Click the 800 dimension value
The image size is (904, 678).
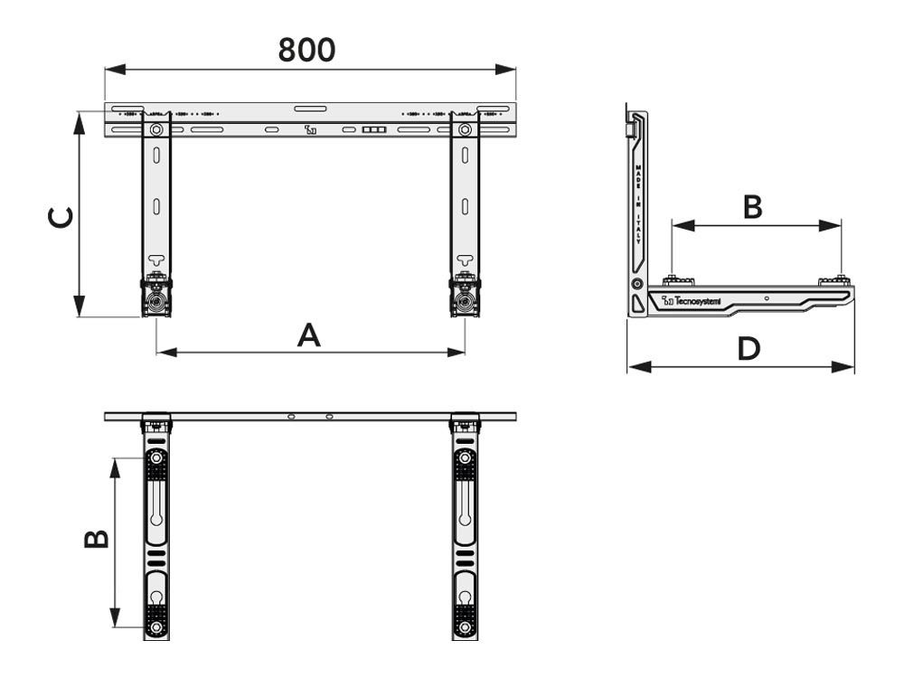pyautogui.click(x=306, y=50)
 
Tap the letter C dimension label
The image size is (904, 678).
pyautogui.click(x=61, y=217)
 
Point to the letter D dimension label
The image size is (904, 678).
pyautogui.click(x=748, y=348)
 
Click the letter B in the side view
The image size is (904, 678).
pyautogui.click(x=752, y=207)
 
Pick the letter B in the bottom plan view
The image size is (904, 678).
pyautogui.click(x=97, y=539)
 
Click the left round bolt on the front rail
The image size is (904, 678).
pyautogui.click(x=157, y=130)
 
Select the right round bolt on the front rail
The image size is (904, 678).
pyautogui.click(x=465, y=130)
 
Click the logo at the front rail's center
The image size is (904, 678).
pyautogui.click(x=311, y=130)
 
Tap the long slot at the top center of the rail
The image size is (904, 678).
pyautogui.click(x=311, y=109)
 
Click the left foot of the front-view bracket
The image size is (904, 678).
pyautogui.click(x=156, y=299)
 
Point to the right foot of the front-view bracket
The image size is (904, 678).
pyautogui.click(x=465, y=299)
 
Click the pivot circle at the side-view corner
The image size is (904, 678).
pyautogui.click(x=637, y=284)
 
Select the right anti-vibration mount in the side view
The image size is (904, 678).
pyautogui.click(x=837, y=281)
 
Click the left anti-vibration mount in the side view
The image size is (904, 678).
pyautogui.click(x=672, y=281)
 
